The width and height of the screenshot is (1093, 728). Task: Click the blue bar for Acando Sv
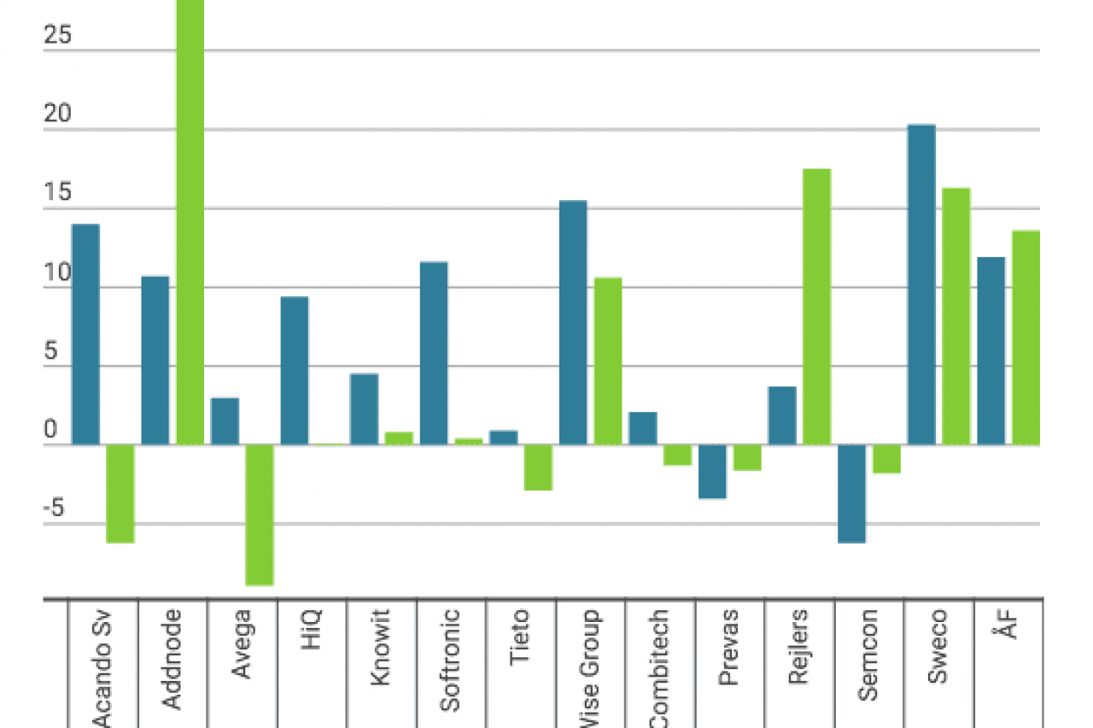(x=85, y=334)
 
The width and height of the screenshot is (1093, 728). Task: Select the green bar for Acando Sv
(x=120, y=493)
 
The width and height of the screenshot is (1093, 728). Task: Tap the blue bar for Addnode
(x=155, y=360)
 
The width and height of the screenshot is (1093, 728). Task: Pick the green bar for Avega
(x=260, y=514)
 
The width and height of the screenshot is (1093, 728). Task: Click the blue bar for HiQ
(x=295, y=370)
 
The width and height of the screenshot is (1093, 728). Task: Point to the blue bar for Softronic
(x=434, y=353)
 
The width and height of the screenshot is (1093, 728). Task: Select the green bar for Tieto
(x=538, y=467)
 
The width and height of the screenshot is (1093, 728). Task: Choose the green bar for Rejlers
(x=816, y=307)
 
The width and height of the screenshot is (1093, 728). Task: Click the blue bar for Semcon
(x=851, y=493)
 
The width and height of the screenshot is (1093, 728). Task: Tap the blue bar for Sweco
(x=921, y=285)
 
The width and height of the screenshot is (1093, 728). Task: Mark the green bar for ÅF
(x=1026, y=338)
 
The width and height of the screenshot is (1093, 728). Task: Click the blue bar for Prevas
(x=712, y=471)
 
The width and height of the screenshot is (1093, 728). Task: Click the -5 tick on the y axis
(x=53, y=509)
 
